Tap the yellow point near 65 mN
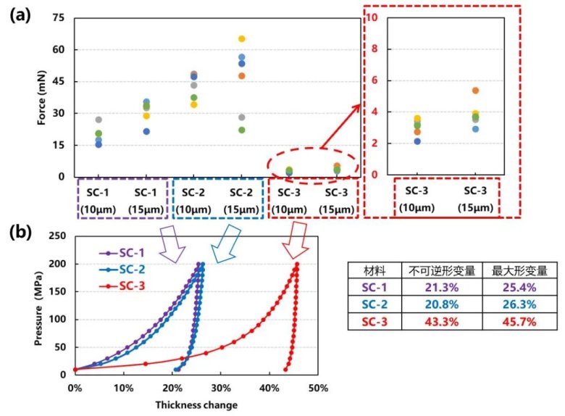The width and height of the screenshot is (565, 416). (242, 38)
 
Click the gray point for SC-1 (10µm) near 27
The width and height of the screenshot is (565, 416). (99, 120)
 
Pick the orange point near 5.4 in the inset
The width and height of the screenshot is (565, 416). (475, 91)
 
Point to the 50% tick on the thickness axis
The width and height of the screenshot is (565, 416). (317, 388)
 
